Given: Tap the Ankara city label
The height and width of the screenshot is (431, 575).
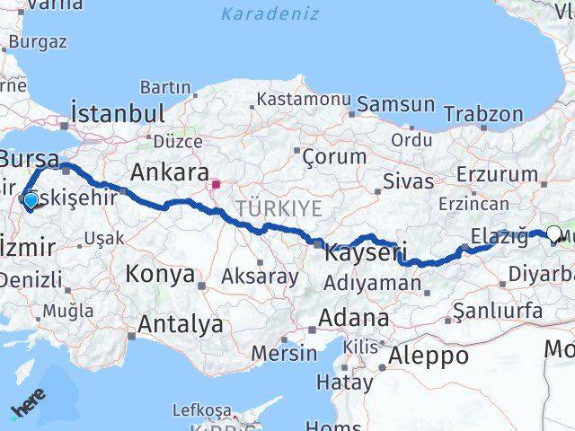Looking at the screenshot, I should coord(170,172).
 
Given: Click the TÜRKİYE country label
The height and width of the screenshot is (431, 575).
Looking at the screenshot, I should coord(266,207).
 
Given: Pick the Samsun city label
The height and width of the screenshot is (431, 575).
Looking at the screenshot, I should coord(395,104).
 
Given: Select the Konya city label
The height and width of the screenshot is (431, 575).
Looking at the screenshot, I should coord(161,274).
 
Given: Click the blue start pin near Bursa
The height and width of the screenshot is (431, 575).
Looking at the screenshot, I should coord(31,201).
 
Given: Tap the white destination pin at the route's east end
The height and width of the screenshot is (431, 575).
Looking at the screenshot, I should coord(553,234).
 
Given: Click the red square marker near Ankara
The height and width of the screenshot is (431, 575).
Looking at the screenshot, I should coord(216,185).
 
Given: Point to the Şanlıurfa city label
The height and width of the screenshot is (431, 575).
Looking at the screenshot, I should coord(498,311).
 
